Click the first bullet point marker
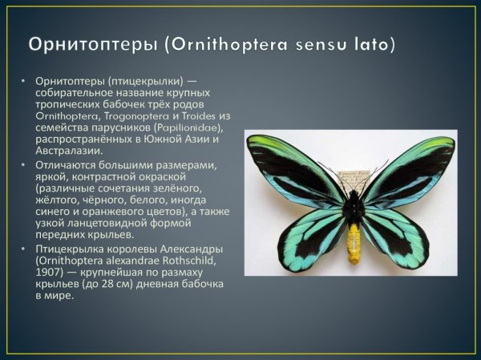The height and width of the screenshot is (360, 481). (x=24, y=83)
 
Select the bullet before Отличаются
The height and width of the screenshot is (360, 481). (x=24, y=165)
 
